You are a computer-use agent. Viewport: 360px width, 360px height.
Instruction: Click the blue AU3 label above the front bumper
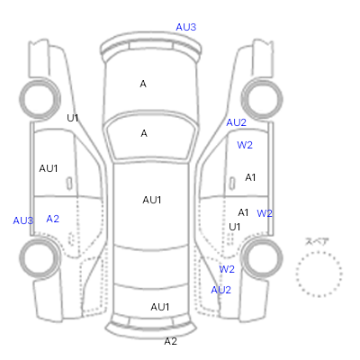(x=186, y=27)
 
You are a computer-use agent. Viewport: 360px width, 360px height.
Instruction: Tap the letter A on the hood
(x=143, y=84)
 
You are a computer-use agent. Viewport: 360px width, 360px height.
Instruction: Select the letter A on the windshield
(x=144, y=133)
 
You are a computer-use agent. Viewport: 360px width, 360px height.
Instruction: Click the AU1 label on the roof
(x=152, y=200)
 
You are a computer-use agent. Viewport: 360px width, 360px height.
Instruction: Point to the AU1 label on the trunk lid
(x=160, y=307)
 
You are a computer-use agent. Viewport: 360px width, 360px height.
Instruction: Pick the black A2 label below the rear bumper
(x=170, y=341)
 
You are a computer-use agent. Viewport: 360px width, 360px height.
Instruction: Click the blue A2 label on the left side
(x=52, y=219)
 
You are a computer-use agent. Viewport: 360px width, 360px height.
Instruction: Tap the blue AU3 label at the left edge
(x=23, y=220)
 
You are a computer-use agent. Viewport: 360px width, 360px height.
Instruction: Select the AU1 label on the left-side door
(x=49, y=168)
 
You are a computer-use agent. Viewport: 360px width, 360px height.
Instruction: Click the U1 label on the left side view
(x=73, y=118)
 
